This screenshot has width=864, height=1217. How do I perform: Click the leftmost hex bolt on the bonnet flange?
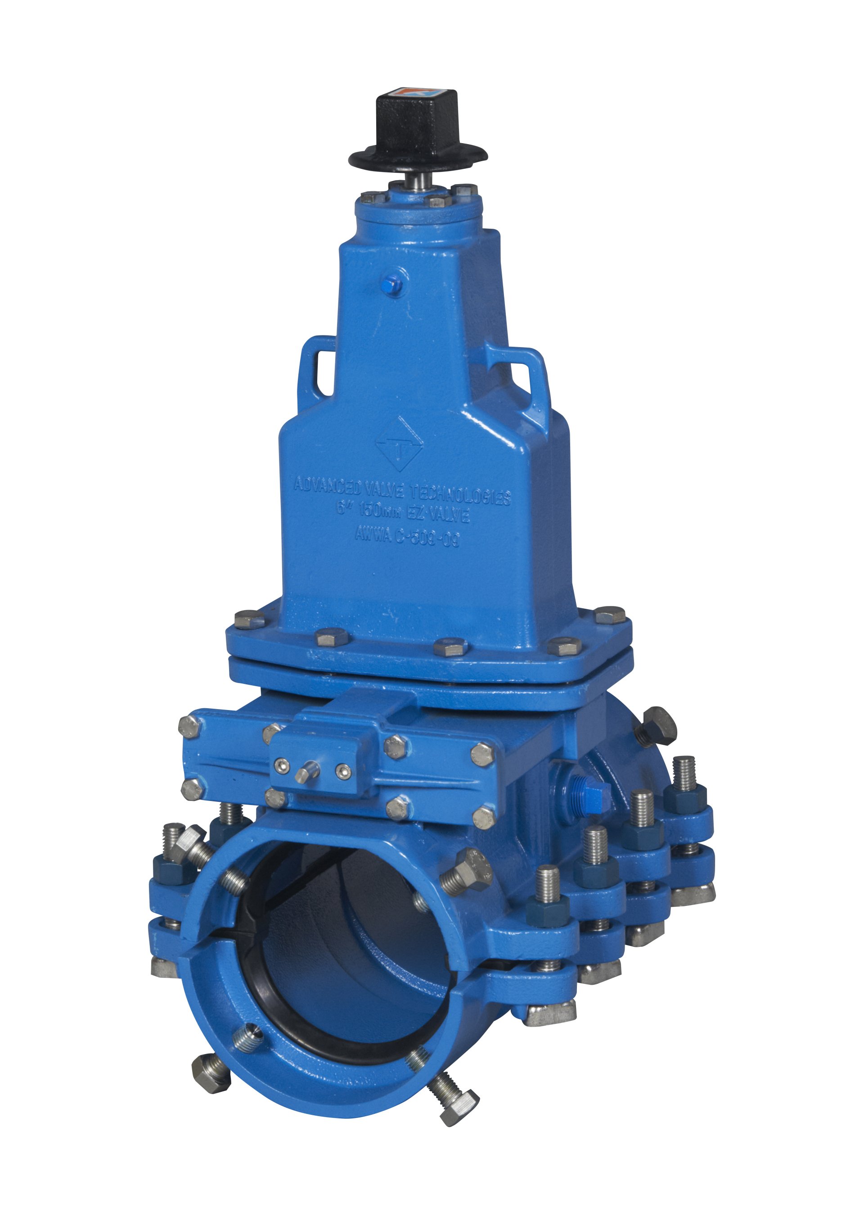248,619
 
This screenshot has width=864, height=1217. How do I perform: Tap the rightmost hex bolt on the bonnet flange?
610,615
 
